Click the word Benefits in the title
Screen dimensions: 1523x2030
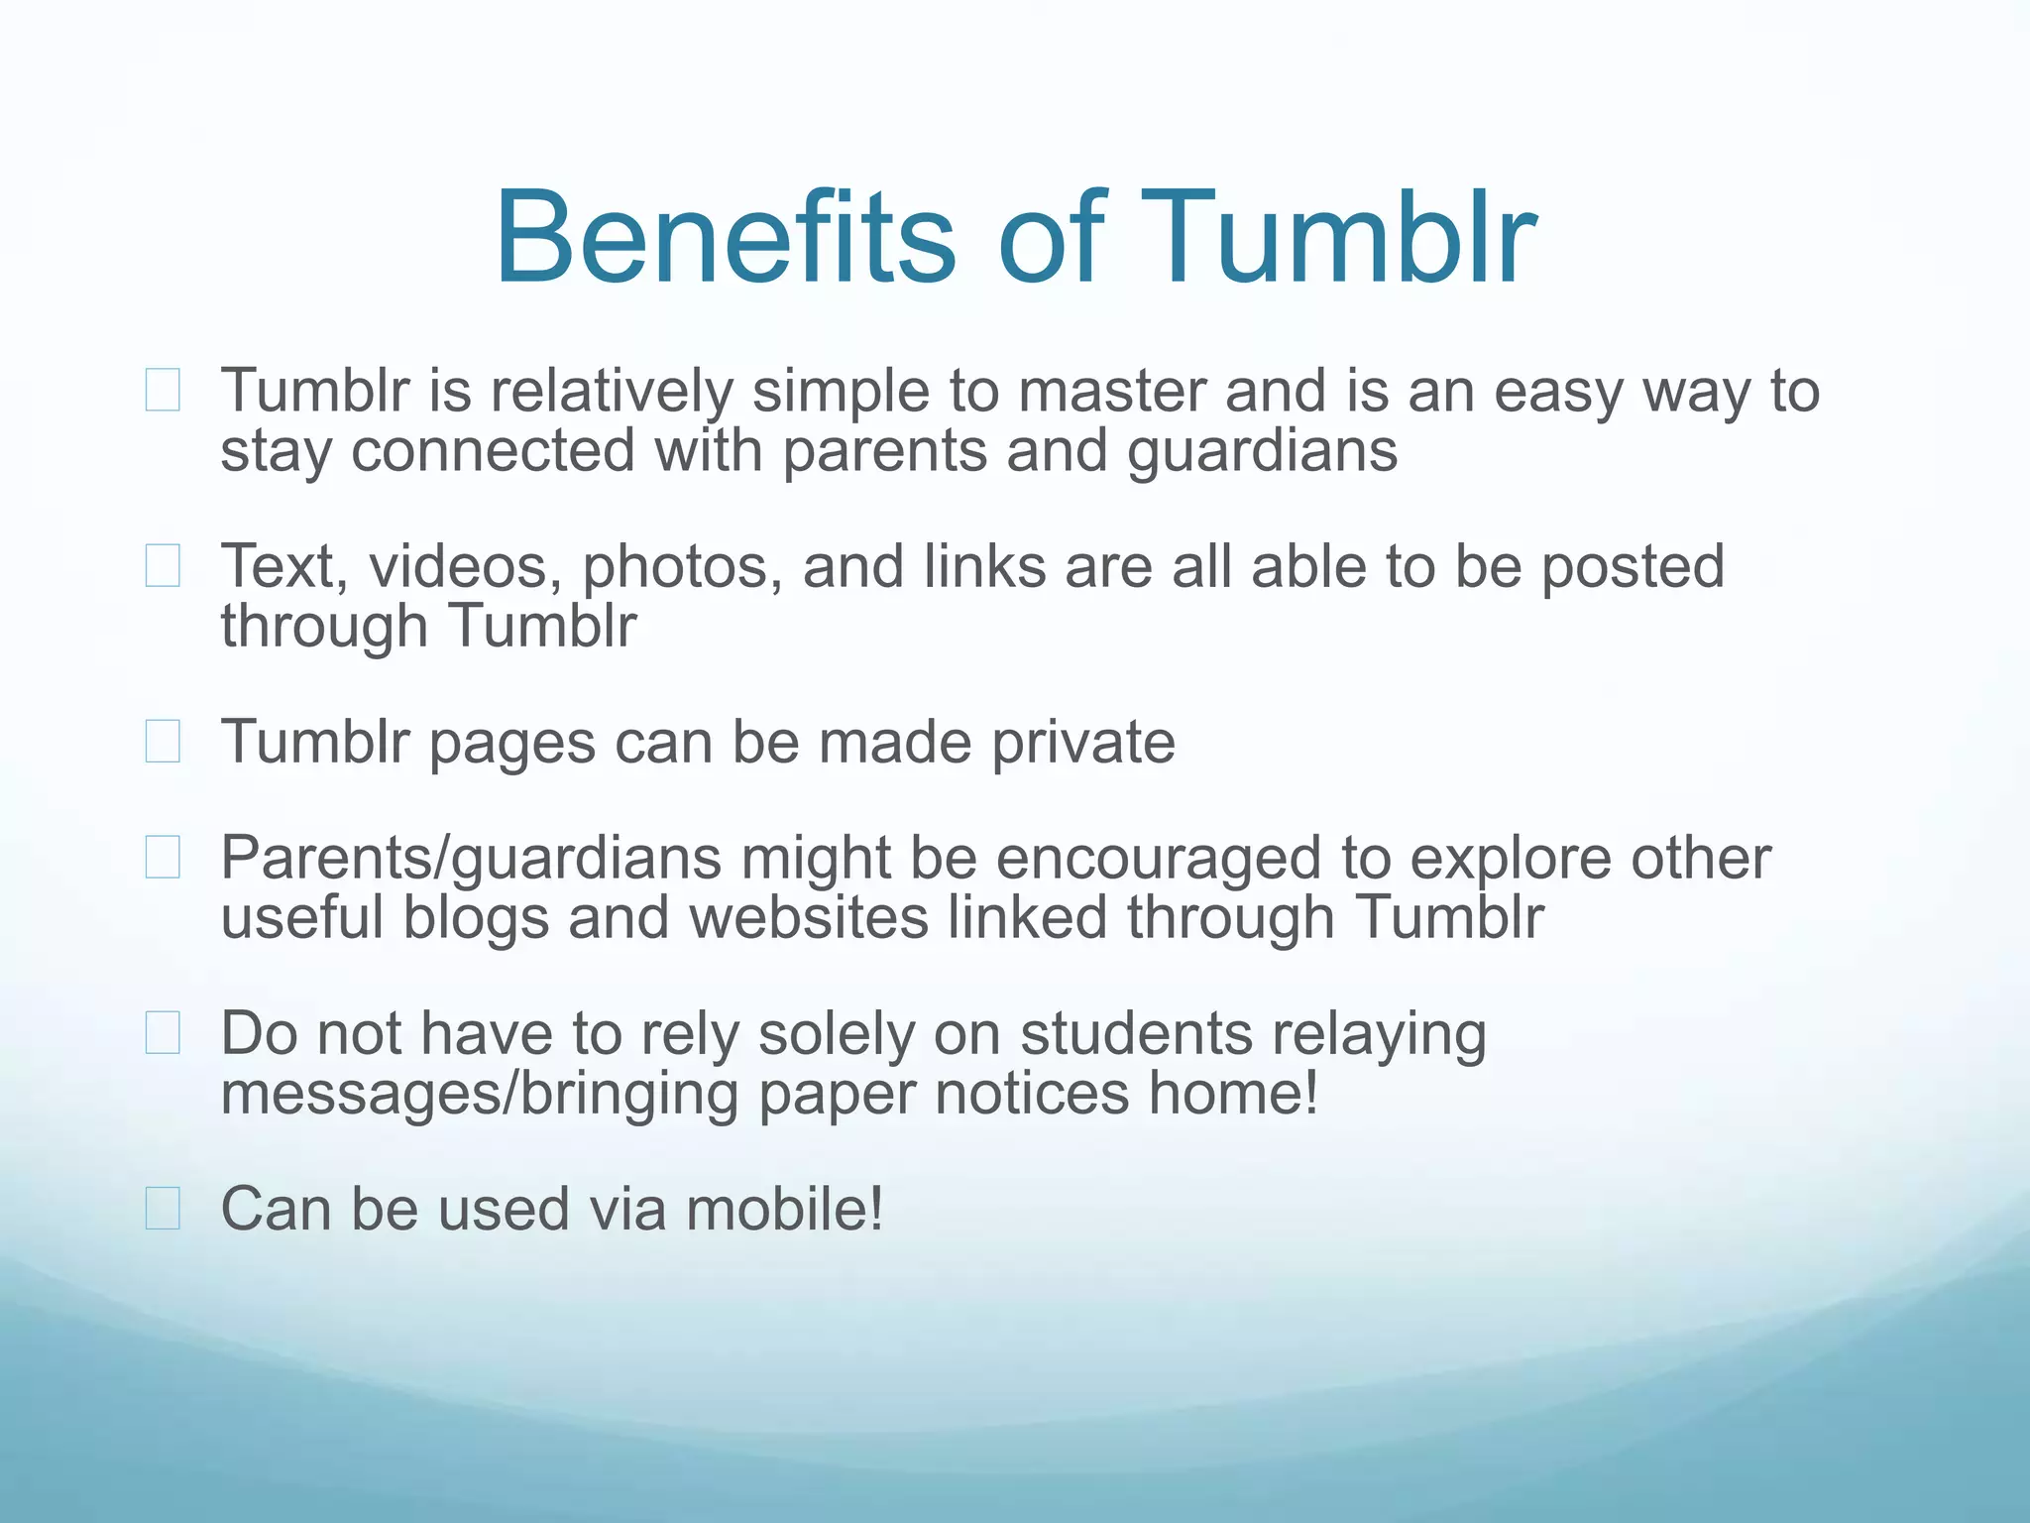pyautogui.click(x=725, y=239)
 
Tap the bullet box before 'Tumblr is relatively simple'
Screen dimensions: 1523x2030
pyautogui.click(x=163, y=390)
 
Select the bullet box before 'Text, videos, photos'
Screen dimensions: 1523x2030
pyautogui.click(x=163, y=566)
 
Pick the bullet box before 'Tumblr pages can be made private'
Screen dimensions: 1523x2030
pyautogui.click(x=163, y=742)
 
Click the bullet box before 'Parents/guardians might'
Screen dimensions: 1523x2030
pyautogui.click(x=163, y=858)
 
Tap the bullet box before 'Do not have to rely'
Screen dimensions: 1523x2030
pyautogui.click(x=163, y=1033)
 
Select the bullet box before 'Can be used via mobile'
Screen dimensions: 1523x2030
pyautogui.click(x=163, y=1209)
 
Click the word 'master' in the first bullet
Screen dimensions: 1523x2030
pyautogui.click(x=1110, y=391)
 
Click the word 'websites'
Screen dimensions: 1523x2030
pyautogui.click(x=809, y=917)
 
